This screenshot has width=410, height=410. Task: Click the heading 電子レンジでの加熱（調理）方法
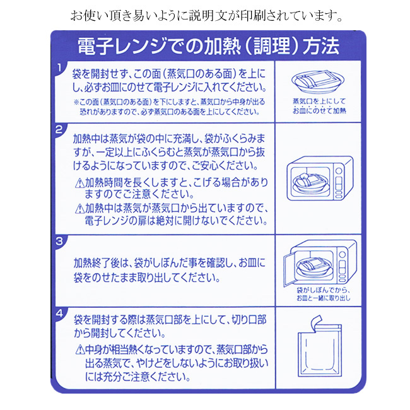point(209,47)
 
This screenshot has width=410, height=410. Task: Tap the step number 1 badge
point(60,69)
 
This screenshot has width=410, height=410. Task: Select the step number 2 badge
point(60,130)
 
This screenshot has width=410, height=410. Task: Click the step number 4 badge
point(60,313)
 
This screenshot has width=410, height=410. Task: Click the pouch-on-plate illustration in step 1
point(318,81)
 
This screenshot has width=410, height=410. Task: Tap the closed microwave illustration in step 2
point(320,179)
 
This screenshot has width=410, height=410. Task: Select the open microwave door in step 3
point(289,271)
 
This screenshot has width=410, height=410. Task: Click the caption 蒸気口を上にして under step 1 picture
point(319,101)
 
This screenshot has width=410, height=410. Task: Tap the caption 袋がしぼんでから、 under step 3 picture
point(324,290)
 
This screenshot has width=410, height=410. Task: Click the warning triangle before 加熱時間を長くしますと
point(79,183)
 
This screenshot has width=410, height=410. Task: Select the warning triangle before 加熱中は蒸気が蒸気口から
point(79,209)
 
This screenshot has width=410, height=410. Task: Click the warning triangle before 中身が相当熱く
point(79,350)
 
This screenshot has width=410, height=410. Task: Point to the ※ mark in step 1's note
point(76,102)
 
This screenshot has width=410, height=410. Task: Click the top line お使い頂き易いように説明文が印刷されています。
point(206,16)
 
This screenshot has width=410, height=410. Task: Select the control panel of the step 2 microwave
point(339,183)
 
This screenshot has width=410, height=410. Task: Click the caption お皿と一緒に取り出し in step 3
point(324,298)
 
